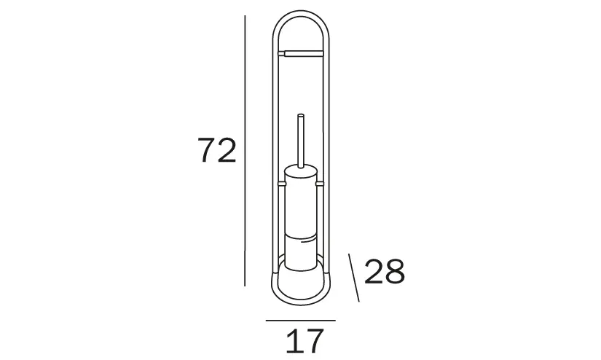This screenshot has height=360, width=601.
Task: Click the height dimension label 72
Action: point(217,150)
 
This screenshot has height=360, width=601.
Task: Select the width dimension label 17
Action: point(305,341)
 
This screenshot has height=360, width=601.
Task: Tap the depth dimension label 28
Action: point(385,271)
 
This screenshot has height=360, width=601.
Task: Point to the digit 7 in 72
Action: point(207,150)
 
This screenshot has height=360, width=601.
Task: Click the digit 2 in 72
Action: point(227,150)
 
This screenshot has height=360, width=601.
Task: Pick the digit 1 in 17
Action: point(294,341)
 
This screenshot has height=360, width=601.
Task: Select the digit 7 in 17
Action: point(314,341)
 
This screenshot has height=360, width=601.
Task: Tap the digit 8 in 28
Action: point(395,271)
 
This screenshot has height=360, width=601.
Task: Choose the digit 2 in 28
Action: point(374,271)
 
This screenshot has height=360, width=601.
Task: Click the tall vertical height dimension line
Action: point(245,151)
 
